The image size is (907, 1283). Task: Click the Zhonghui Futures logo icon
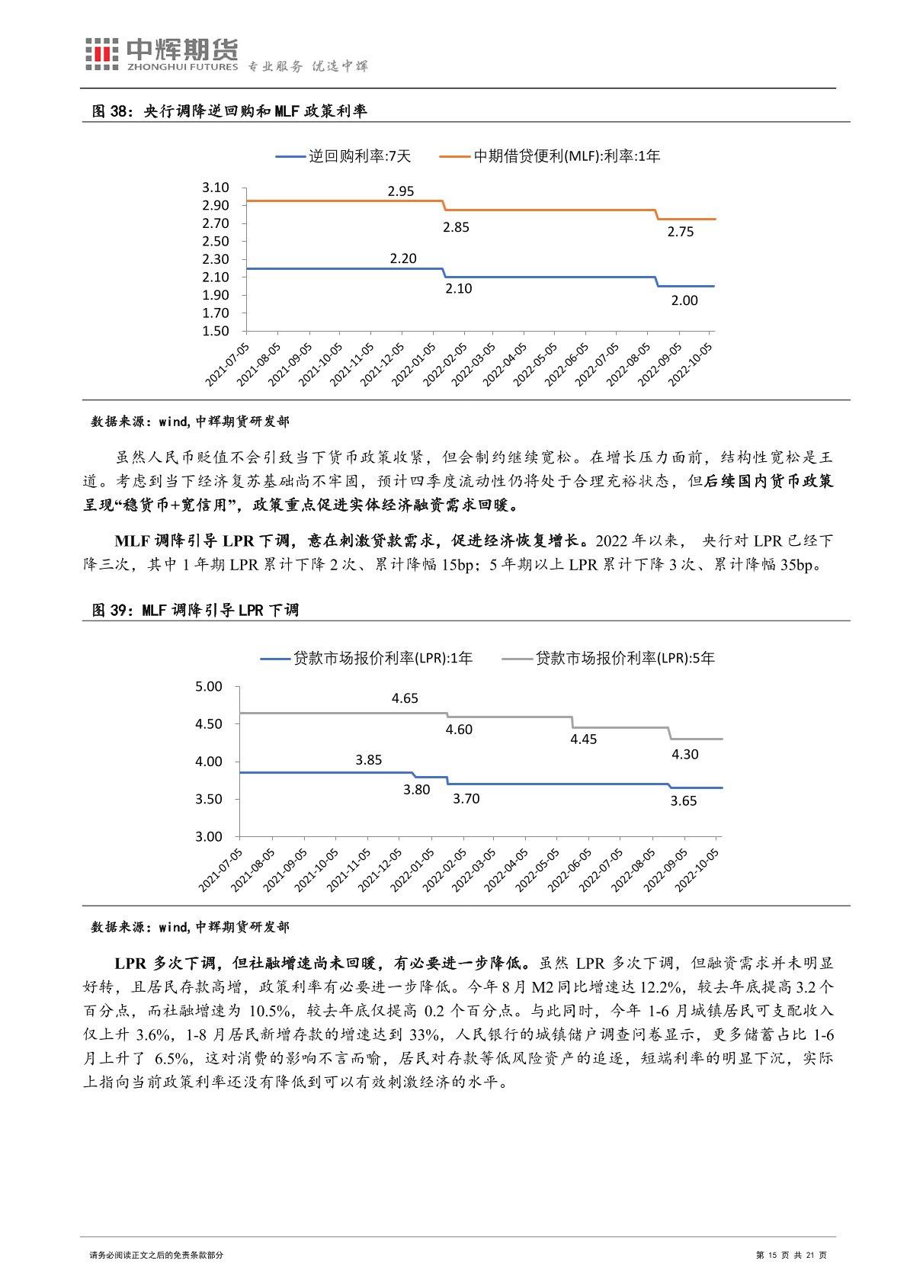pos(101,55)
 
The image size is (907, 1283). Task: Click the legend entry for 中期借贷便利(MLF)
pos(550,156)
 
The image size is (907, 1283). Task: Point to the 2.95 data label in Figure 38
pos(401,191)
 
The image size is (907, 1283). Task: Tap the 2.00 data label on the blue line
pos(684,300)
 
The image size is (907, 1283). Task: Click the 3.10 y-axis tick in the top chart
pos(216,188)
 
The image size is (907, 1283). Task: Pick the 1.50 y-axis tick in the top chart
pos(216,331)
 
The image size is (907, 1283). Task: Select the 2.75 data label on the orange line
pos(680,232)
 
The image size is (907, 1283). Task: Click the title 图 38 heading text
pos(229,111)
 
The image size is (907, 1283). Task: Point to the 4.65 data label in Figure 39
pos(405,698)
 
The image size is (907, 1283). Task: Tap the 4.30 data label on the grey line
pos(684,754)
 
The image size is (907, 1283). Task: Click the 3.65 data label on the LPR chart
pos(683,800)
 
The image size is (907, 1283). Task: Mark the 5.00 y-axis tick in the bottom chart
pos(208,687)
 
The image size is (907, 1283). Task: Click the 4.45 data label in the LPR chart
pos(584,739)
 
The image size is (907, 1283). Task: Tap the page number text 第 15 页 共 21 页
pos(790,1256)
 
